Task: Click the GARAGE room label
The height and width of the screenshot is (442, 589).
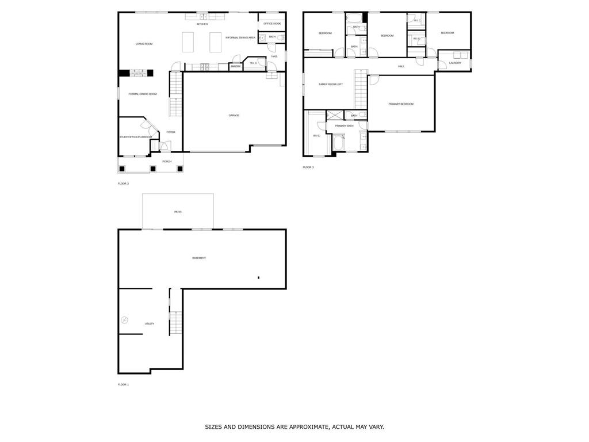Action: (x=234, y=116)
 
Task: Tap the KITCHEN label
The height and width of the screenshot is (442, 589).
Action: (x=202, y=24)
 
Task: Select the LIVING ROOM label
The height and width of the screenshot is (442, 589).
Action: (x=144, y=44)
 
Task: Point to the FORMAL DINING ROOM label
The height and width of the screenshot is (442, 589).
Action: (x=143, y=94)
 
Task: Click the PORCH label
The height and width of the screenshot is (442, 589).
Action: (x=167, y=162)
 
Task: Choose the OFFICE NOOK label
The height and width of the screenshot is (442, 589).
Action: (x=272, y=24)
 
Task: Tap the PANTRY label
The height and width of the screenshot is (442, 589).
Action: (x=236, y=67)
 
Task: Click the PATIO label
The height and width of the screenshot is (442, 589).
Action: (x=178, y=212)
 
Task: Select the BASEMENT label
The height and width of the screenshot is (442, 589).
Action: (x=199, y=258)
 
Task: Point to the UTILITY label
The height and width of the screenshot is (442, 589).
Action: (x=150, y=324)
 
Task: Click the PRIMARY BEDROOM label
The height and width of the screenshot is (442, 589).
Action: (x=401, y=104)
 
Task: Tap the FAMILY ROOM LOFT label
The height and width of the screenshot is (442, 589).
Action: (x=331, y=85)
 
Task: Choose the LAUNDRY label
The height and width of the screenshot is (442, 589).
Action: (x=455, y=63)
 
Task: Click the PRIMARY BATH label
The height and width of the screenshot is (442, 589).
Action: (x=344, y=125)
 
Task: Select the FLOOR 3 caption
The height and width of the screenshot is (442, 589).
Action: (x=308, y=167)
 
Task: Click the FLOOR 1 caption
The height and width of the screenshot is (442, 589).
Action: (x=124, y=384)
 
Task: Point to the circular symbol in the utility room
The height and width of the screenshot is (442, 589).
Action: (x=124, y=320)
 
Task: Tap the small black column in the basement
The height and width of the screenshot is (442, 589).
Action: (x=259, y=278)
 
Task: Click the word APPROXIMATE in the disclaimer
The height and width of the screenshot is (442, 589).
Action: (x=310, y=427)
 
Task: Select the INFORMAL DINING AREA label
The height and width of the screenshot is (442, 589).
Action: (x=240, y=38)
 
